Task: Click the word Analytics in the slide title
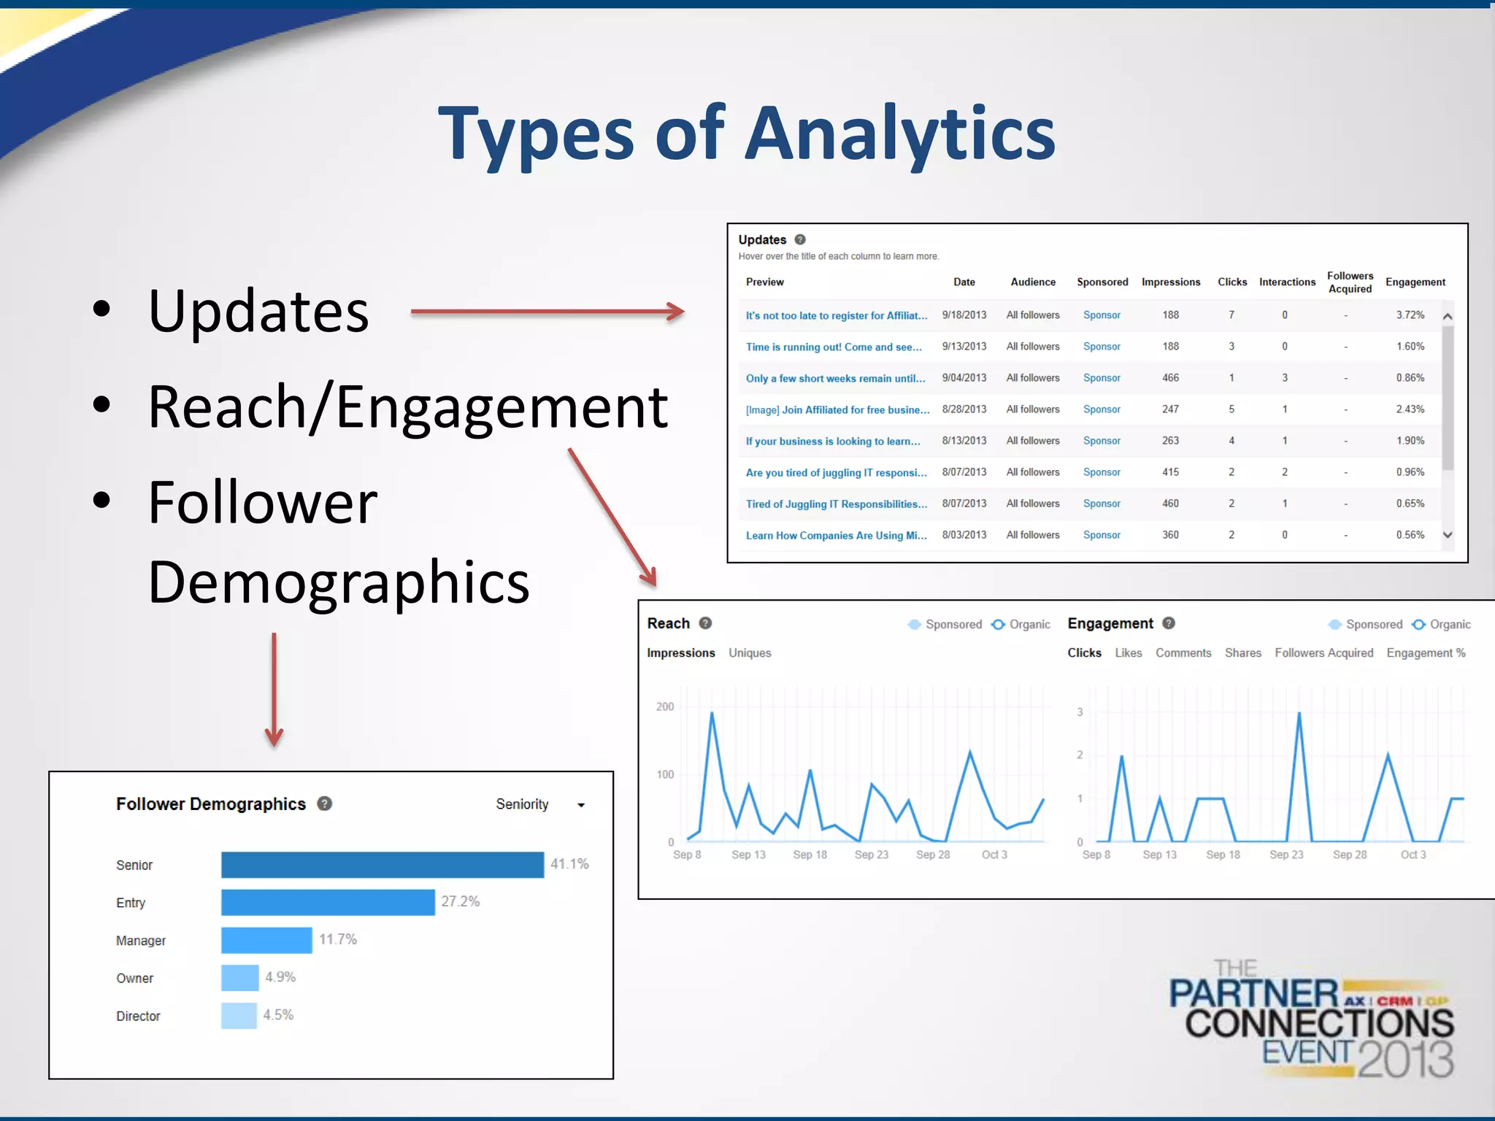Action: click(899, 135)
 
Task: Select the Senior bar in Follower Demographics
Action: click(383, 865)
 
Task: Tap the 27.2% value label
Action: click(460, 902)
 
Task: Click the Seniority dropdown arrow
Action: click(581, 805)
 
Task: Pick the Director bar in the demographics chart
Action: click(239, 1016)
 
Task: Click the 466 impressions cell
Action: click(1170, 378)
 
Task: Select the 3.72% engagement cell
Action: click(1410, 315)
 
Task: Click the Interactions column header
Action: click(1287, 282)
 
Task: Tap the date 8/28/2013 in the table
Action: click(964, 409)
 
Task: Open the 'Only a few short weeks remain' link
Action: click(835, 379)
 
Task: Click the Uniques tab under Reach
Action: click(750, 653)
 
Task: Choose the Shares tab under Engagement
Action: click(1242, 653)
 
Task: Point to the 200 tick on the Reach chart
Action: click(665, 706)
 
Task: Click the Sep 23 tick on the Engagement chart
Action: click(1286, 855)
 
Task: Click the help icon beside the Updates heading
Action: click(800, 239)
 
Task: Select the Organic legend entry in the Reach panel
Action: click(1021, 625)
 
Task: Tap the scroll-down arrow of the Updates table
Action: click(1448, 535)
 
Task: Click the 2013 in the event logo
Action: click(1406, 1059)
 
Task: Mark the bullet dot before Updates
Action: click(102, 309)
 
